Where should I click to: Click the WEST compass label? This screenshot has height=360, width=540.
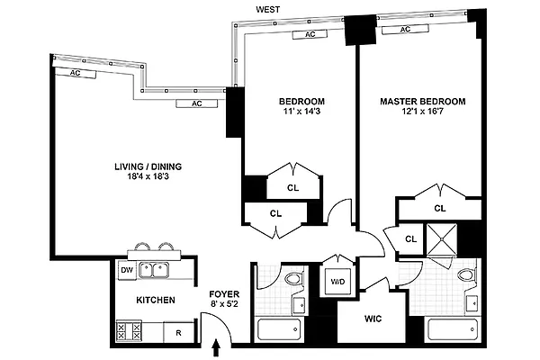[268, 9]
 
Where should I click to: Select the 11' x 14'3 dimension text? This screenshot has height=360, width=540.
[301, 113]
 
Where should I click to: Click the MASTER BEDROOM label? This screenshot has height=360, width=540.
[422, 102]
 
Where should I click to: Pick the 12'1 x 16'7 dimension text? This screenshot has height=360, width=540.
[422, 114]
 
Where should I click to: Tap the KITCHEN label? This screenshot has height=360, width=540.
[155, 301]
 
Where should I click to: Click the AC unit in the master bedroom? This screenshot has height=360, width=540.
[405, 30]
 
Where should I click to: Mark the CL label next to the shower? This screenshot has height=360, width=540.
[410, 238]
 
